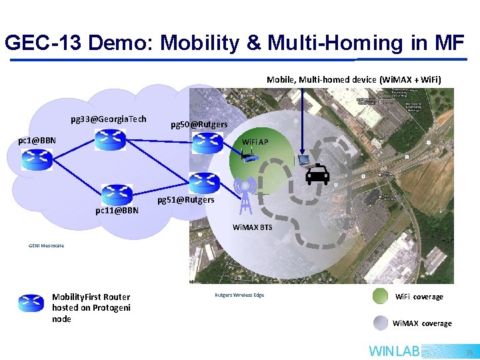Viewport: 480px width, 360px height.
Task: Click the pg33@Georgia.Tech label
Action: (108, 119)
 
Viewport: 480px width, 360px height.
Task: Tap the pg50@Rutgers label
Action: (199, 125)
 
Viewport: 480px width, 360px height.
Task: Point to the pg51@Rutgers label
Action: (185, 200)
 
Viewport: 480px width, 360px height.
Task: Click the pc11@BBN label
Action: (117, 211)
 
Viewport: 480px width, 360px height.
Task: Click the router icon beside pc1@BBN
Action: (37, 159)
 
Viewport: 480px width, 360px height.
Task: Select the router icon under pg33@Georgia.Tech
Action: (110, 139)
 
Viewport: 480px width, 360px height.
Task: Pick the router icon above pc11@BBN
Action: (117, 194)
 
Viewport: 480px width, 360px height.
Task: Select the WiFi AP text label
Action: (255, 142)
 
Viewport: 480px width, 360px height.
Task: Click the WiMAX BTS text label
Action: (252, 227)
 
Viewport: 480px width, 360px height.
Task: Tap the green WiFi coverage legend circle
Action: (380, 296)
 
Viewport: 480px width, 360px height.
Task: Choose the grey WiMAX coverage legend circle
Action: (380, 323)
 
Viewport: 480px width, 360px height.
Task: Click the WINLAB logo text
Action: (394, 351)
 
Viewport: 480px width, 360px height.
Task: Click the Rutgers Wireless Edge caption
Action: (239, 295)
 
